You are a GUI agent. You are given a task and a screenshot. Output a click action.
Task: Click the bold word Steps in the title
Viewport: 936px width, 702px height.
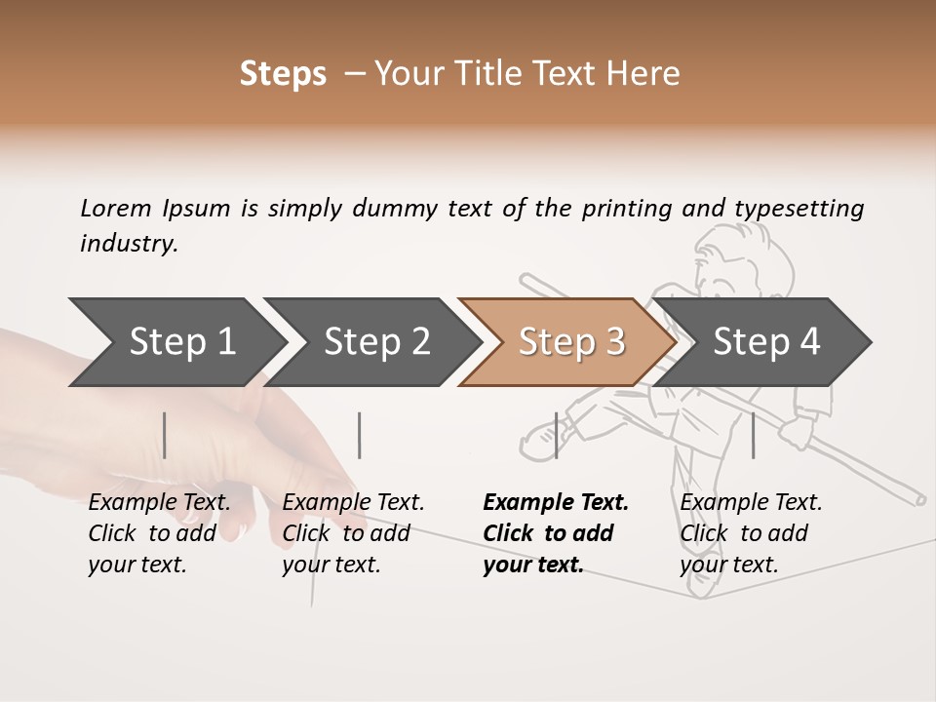click(x=283, y=74)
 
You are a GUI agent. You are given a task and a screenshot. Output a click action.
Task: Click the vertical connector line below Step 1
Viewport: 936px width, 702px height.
click(x=165, y=435)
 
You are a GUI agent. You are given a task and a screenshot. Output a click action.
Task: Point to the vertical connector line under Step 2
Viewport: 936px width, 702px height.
click(x=360, y=435)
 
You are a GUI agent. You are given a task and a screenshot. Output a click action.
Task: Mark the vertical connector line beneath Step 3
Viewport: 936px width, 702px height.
click(x=557, y=435)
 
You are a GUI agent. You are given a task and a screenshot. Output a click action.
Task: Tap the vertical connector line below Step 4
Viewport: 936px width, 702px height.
click(x=753, y=435)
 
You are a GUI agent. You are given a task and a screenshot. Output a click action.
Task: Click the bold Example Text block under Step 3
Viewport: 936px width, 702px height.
click(x=556, y=533)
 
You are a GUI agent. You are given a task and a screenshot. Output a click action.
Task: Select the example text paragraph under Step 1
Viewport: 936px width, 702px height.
click(x=160, y=533)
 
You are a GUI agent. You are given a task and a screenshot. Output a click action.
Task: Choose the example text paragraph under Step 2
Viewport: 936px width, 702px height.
click(x=353, y=533)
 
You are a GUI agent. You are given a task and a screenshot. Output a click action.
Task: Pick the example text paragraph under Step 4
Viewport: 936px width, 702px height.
click(x=751, y=533)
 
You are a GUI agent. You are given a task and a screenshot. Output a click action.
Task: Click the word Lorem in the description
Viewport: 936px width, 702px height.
click(x=116, y=208)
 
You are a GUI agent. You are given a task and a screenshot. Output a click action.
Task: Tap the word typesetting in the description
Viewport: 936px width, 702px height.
click(x=799, y=208)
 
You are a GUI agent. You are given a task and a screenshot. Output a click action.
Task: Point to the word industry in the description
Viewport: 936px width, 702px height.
click(x=128, y=244)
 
